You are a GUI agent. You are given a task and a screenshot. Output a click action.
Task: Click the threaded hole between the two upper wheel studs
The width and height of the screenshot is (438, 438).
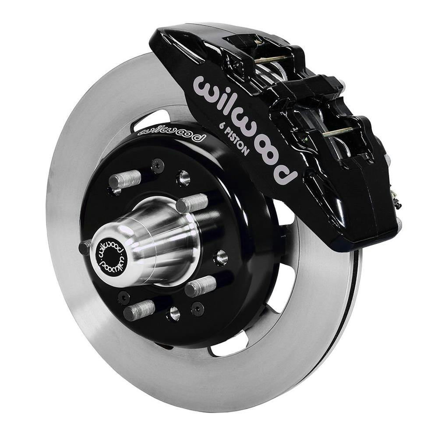point(184,177)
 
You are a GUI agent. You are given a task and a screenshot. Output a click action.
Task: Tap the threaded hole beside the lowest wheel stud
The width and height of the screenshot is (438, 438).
point(173,313)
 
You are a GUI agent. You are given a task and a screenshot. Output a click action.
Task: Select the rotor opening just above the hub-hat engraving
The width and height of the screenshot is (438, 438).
point(151,117)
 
